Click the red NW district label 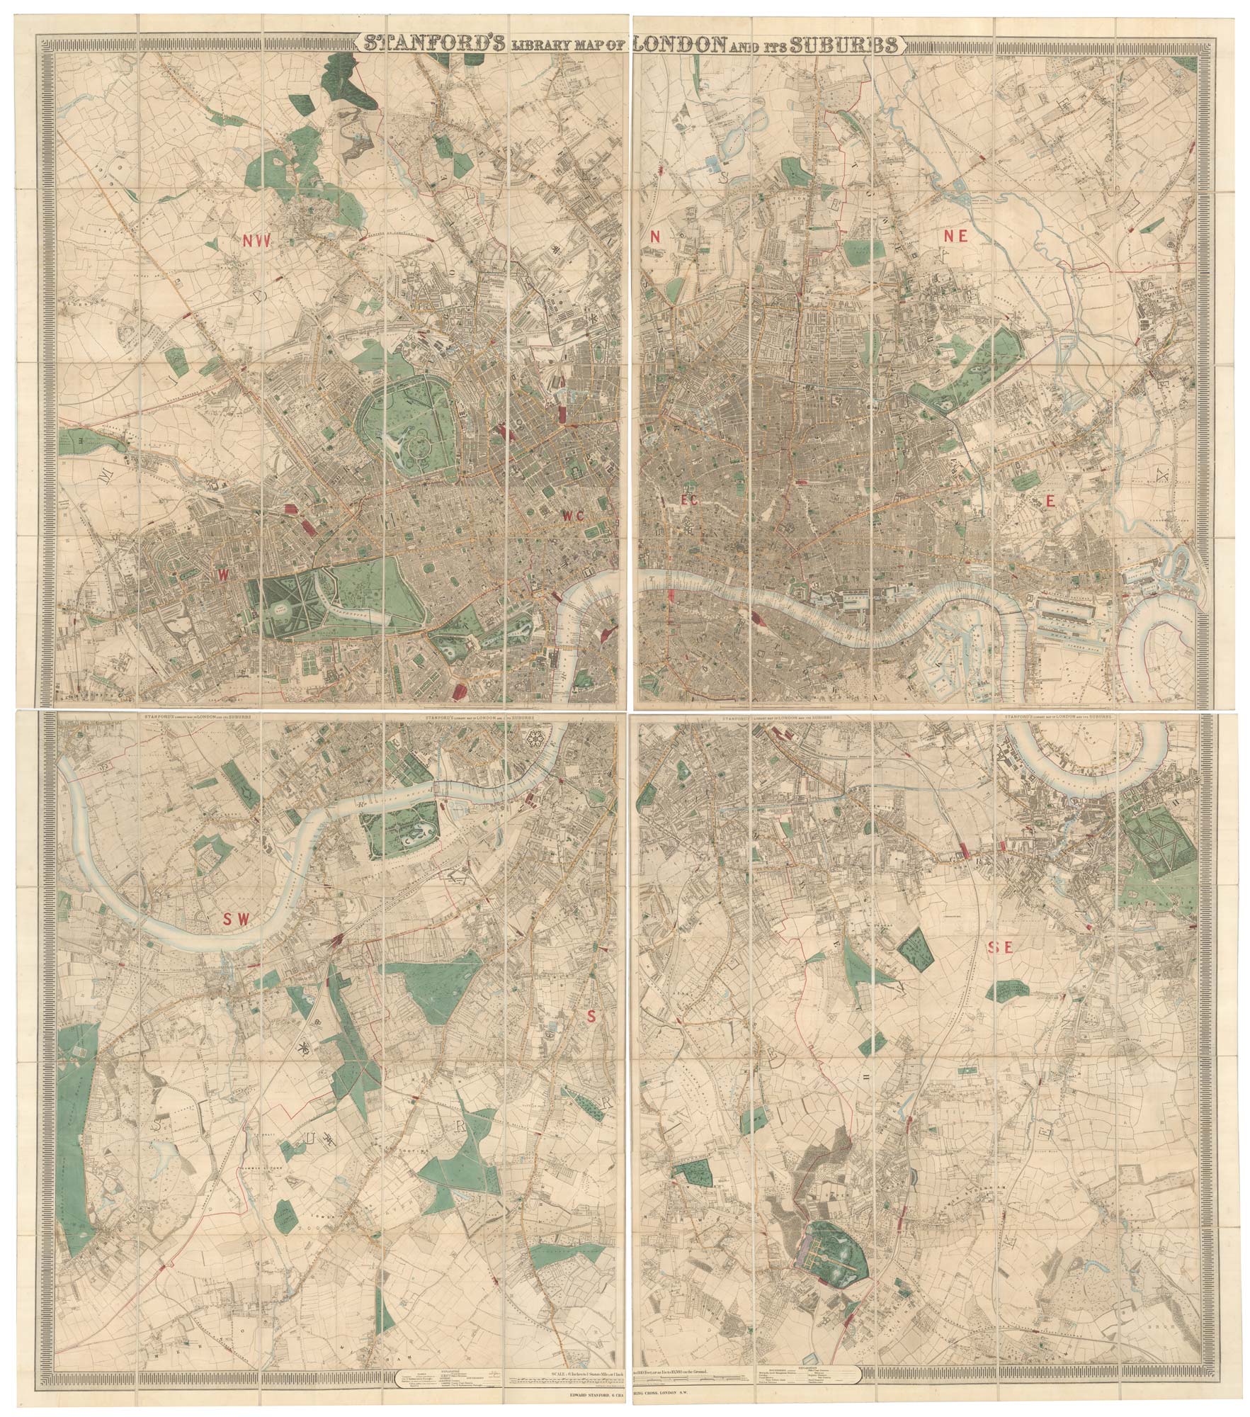click(256, 242)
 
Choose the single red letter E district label click(1051, 502)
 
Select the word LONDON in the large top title click(676, 45)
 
